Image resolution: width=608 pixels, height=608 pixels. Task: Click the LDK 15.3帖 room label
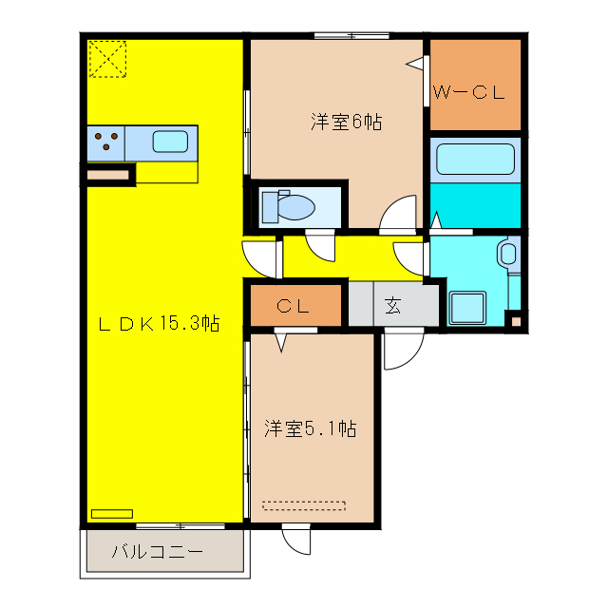(x=160, y=323)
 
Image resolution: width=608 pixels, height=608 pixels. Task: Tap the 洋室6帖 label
(x=346, y=122)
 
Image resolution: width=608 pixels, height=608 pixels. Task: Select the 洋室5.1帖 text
(x=310, y=428)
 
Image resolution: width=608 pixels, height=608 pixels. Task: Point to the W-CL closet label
(x=467, y=92)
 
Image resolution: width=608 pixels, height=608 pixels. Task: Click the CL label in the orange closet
(x=294, y=306)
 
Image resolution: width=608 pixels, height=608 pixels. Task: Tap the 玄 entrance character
(x=392, y=306)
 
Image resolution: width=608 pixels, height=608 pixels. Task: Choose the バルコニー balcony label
(x=157, y=551)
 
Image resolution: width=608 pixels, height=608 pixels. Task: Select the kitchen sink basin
(x=170, y=142)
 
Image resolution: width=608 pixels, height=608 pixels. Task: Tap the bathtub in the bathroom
(x=474, y=159)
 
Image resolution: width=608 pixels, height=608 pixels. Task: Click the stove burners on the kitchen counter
(x=106, y=142)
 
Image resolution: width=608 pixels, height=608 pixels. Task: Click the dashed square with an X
(x=107, y=59)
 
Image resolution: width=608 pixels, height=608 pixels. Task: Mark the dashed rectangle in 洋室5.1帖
(x=304, y=505)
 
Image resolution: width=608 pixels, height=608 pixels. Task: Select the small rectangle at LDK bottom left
(x=112, y=514)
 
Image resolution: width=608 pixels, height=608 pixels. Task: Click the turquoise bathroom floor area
(x=475, y=204)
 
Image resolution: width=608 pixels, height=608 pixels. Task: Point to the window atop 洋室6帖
(x=351, y=36)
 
